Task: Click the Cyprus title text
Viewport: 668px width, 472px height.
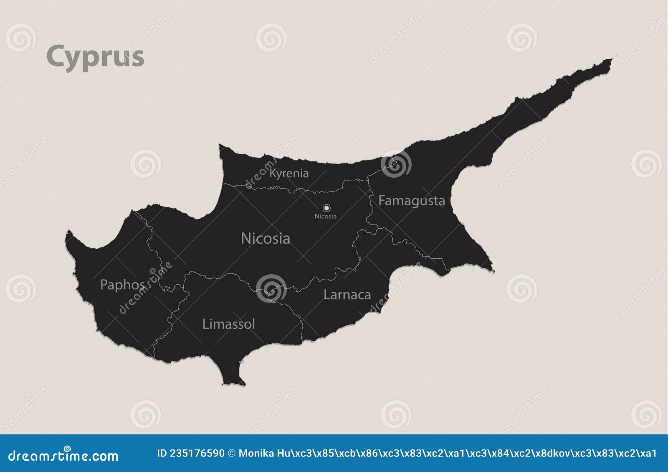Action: [96, 56]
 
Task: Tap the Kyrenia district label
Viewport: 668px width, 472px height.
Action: [289, 173]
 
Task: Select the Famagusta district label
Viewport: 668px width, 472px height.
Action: [412, 201]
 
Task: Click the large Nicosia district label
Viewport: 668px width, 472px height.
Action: [266, 238]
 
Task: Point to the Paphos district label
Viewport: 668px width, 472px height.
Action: [122, 285]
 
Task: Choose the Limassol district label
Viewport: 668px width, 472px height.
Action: [228, 324]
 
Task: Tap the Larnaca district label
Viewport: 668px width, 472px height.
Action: [347, 295]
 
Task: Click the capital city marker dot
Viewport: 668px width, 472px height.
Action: [326, 208]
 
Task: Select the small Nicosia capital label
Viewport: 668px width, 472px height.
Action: [325, 216]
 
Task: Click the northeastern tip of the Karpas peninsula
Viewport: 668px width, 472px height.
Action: [611, 60]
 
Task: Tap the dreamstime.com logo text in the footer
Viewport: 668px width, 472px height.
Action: [63, 455]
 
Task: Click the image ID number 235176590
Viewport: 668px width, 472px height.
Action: [196, 453]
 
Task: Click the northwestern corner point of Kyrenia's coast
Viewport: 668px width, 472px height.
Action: [220, 145]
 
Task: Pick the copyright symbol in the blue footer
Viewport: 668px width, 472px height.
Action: [232, 453]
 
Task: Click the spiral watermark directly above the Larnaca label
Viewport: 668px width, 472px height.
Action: [271, 288]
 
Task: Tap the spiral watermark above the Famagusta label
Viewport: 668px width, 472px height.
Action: [396, 163]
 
